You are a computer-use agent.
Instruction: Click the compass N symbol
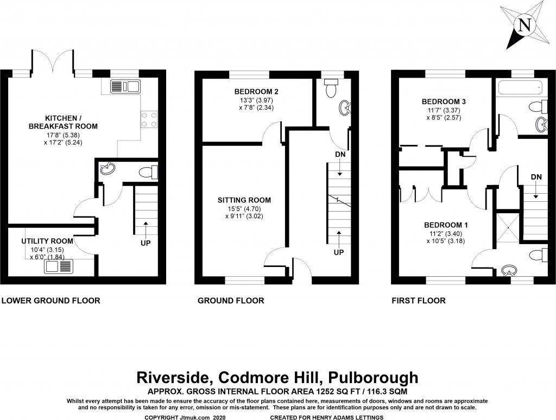point(524,25)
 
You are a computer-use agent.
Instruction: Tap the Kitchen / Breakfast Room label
point(64,122)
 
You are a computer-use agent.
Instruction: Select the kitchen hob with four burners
point(149,119)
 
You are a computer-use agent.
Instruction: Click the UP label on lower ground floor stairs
point(145,243)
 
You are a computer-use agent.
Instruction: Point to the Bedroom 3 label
point(444,101)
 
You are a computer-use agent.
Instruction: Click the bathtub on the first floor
point(518,86)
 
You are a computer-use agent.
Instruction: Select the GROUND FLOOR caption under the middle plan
point(231,300)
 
